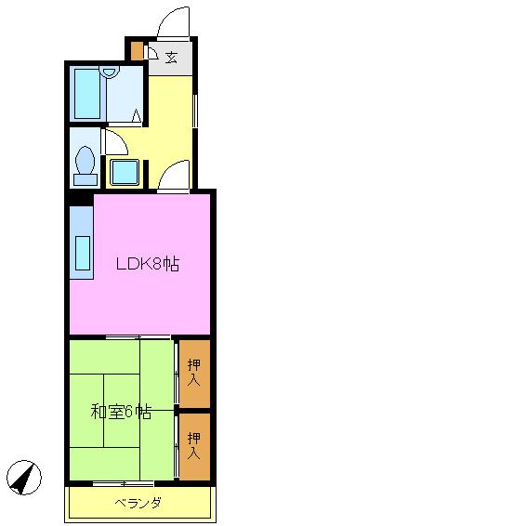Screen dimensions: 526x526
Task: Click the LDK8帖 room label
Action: [148, 264]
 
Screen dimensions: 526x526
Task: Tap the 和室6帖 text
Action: [121, 413]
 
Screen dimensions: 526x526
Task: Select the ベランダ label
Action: [138, 503]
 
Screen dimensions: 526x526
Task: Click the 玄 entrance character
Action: [171, 58]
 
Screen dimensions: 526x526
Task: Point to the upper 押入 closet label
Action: [194, 373]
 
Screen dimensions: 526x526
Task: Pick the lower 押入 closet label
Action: [194, 445]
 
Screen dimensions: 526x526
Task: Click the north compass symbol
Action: [24, 477]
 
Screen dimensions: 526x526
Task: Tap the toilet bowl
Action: [85, 165]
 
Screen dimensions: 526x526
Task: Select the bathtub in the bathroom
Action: [87, 94]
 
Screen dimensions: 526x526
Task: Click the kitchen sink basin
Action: [83, 253]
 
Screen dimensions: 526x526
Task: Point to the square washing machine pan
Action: [125, 172]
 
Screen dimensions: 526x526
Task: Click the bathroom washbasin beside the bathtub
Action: [110, 72]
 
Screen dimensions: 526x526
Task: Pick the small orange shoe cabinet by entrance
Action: [137, 51]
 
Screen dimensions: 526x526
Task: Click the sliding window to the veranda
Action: [123, 483]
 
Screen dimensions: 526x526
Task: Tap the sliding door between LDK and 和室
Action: [138, 337]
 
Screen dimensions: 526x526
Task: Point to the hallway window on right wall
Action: [195, 111]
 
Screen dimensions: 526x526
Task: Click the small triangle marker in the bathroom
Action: [137, 115]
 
